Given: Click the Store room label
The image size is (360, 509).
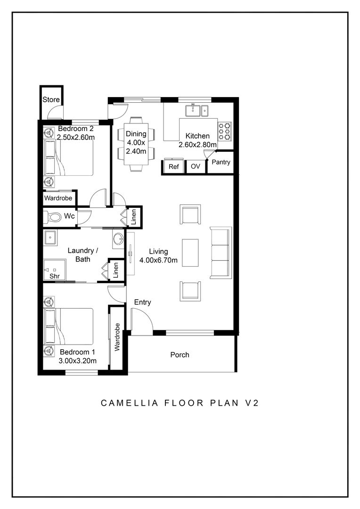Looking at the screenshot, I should [x=51, y=100].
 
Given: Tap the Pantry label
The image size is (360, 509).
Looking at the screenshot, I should [x=221, y=163].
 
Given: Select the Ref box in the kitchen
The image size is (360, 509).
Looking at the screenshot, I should [x=174, y=167].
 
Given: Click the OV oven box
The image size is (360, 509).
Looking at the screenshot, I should [x=196, y=167].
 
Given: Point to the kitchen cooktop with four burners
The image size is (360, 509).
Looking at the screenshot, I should [x=225, y=131].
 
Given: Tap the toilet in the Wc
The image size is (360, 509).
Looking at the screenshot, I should [x=53, y=217].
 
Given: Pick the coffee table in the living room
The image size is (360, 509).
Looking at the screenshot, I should [x=190, y=253].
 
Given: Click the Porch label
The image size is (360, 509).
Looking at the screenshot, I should [x=180, y=354].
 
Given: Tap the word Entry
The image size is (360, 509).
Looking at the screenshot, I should [x=143, y=302].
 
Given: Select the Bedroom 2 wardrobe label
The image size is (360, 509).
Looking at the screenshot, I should [x=58, y=198].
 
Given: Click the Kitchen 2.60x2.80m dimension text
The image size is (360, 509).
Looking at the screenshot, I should [x=197, y=145].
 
